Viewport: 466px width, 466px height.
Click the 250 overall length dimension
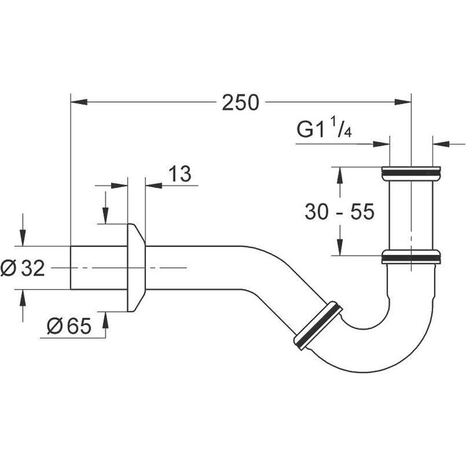coord(241,103)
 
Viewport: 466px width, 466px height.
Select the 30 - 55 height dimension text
coord(339,212)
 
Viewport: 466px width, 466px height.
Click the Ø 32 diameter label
coord(23,269)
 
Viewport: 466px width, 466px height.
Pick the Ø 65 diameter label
coord(71,327)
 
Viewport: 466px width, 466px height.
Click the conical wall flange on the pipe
coord(137,267)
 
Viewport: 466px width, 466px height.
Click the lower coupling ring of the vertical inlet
coord(410,257)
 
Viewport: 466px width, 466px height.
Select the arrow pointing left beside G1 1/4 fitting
coord(441,143)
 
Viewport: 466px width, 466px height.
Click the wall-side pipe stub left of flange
coord(99,267)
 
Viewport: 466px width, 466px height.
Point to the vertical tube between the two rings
coord(410,214)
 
